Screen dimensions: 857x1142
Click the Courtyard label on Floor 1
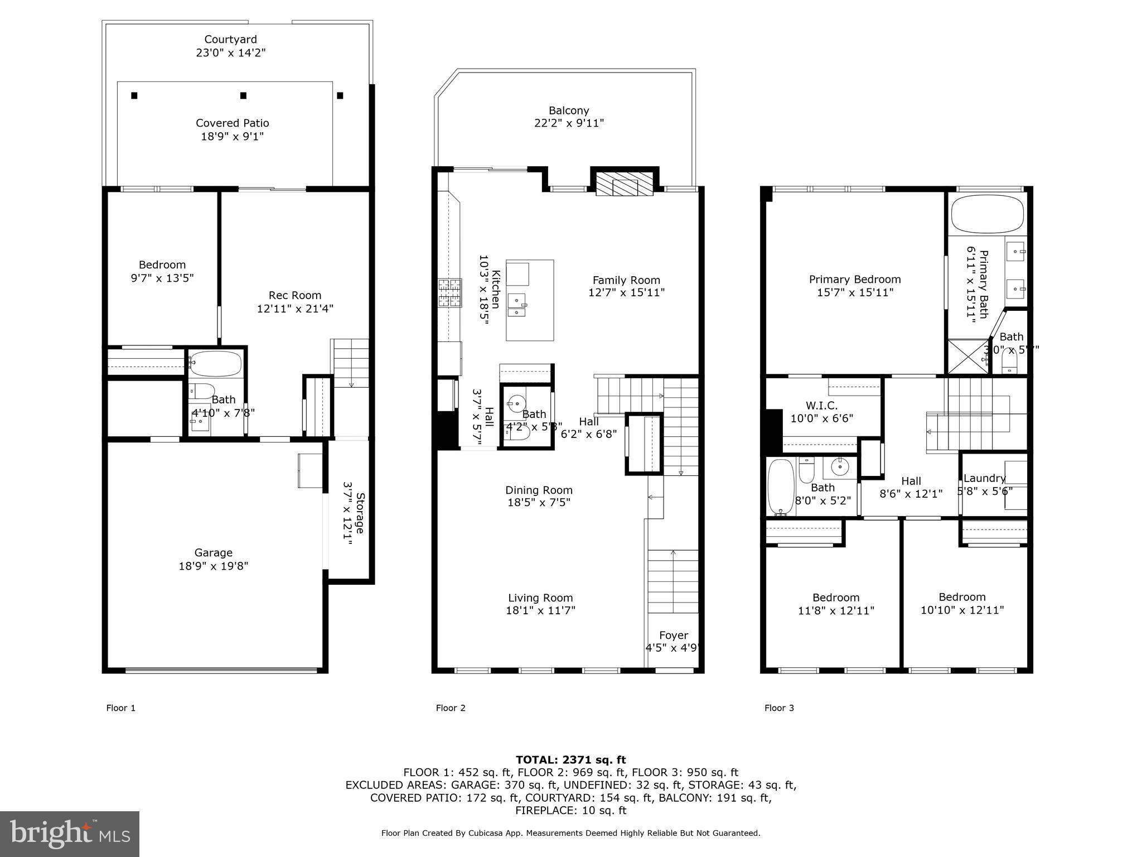point(230,40)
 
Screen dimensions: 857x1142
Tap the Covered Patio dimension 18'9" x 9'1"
point(232,136)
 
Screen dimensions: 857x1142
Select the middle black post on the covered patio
point(243,95)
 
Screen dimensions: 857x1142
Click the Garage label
point(213,552)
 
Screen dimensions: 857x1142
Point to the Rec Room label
point(295,295)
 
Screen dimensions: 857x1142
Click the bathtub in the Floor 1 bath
point(215,363)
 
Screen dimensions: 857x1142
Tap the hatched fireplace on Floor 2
point(624,184)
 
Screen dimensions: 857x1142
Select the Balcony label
point(569,110)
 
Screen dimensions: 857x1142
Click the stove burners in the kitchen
point(450,293)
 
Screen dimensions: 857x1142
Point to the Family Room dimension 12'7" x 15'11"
point(626,292)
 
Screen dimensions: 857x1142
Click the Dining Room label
point(539,490)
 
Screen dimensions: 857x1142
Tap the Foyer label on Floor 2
point(673,635)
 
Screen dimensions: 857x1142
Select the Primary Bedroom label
point(855,279)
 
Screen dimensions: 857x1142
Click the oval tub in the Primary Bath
point(987,214)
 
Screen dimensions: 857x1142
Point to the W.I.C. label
point(821,406)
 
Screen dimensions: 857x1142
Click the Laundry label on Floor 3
point(984,478)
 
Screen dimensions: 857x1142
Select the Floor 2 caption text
point(451,708)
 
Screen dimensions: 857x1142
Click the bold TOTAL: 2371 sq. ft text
point(570,759)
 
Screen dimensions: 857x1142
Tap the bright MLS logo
point(70,834)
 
